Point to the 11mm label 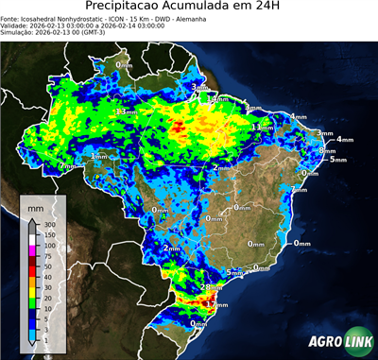click(262, 127)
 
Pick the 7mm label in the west click(67, 165)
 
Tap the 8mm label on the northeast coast click(327, 150)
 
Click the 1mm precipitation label click(98, 156)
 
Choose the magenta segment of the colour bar click(33, 251)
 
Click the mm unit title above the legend click(35, 206)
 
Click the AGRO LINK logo click(336, 343)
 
